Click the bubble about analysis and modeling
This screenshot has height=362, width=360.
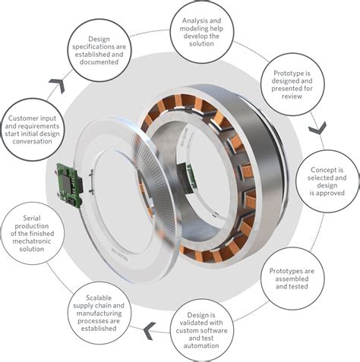(x=201, y=30)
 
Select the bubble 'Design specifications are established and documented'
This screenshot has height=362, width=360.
(x=105, y=50)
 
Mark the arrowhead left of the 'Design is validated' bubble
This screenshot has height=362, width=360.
(x=152, y=327)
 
